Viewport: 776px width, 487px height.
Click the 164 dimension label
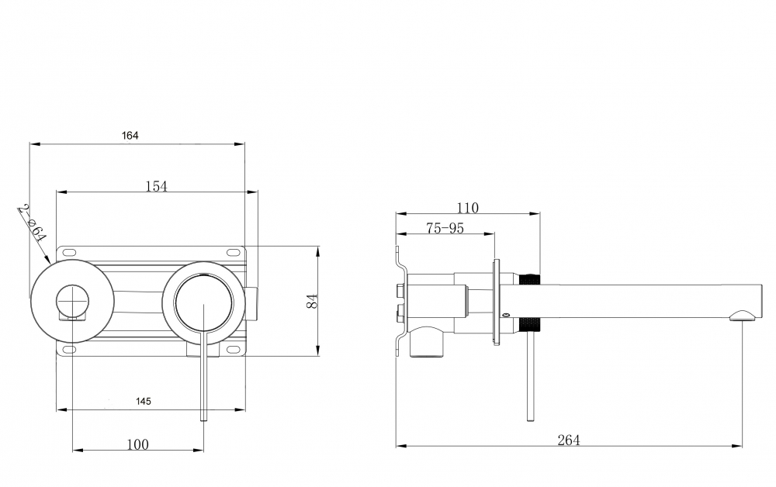(x=130, y=136)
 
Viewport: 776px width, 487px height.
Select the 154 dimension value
(x=157, y=186)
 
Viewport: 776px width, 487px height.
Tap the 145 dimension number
(x=144, y=402)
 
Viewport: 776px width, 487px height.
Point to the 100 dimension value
(x=137, y=444)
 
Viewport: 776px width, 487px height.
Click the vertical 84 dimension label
(x=312, y=302)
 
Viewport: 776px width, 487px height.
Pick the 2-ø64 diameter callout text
(x=32, y=223)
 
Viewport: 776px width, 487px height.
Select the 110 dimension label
(x=468, y=208)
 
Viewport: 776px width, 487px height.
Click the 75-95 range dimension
(x=445, y=228)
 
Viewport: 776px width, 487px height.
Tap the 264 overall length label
(x=569, y=440)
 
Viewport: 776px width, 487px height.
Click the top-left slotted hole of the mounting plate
(x=68, y=252)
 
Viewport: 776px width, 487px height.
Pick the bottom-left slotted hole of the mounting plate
(x=68, y=350)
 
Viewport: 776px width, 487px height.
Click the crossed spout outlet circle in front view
(x=73, y=301)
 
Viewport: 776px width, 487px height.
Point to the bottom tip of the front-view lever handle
(x=203, y=420)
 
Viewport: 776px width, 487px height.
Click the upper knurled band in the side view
(x=529, y=279)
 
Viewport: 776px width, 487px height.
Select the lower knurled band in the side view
(x=529, y=324)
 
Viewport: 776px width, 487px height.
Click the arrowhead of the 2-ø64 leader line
(x=48, y=259)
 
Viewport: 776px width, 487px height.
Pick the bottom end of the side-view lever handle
(x=531, y=420)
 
